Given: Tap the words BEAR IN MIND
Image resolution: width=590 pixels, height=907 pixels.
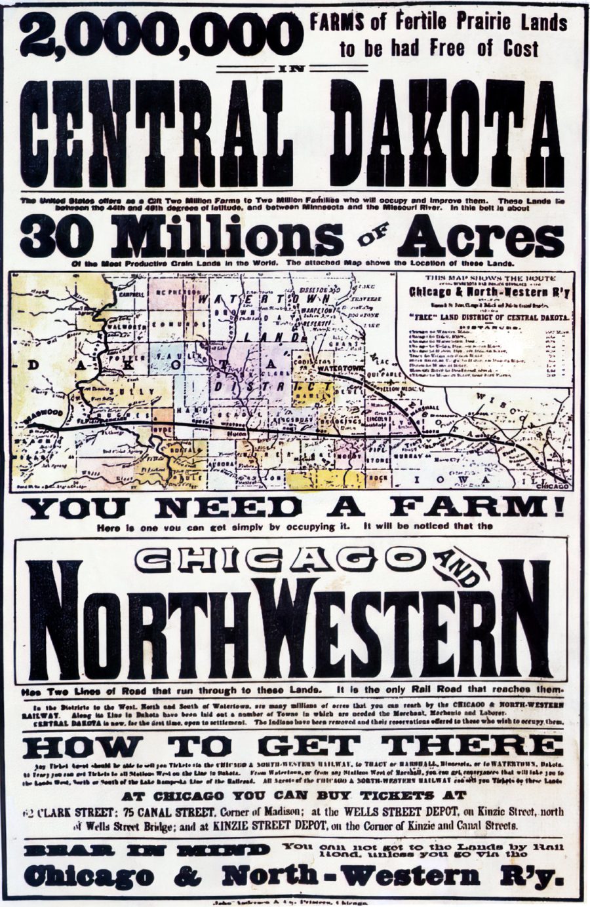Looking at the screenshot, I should [x=146, y=849].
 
